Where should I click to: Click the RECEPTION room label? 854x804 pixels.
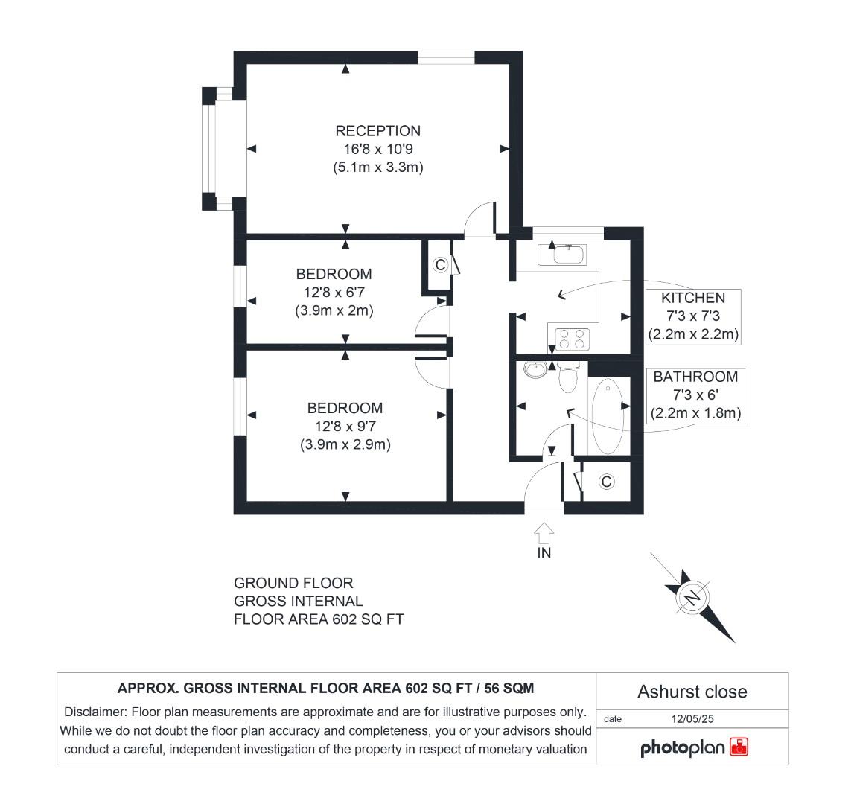(377, 131)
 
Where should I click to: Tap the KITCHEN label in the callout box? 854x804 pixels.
(692, 298)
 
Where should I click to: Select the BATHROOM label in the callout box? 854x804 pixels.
(695, 377)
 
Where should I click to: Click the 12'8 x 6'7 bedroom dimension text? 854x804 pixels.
(334, 293)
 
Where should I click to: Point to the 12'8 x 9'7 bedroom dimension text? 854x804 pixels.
(345, 427)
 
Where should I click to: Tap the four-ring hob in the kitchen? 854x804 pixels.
(570, 339)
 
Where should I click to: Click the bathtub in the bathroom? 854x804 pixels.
(607, 415)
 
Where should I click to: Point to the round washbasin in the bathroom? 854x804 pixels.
(534, 368)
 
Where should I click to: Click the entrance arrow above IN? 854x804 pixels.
(544, 533)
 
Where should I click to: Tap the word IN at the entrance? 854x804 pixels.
(544, 553)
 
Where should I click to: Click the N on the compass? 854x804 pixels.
(692, 598)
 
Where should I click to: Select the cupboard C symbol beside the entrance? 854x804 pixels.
(606, 482)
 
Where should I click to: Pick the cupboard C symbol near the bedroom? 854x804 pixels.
(439, 265)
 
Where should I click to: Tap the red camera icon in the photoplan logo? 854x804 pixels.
(739, 747)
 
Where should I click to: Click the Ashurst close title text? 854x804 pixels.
(692, 692)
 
